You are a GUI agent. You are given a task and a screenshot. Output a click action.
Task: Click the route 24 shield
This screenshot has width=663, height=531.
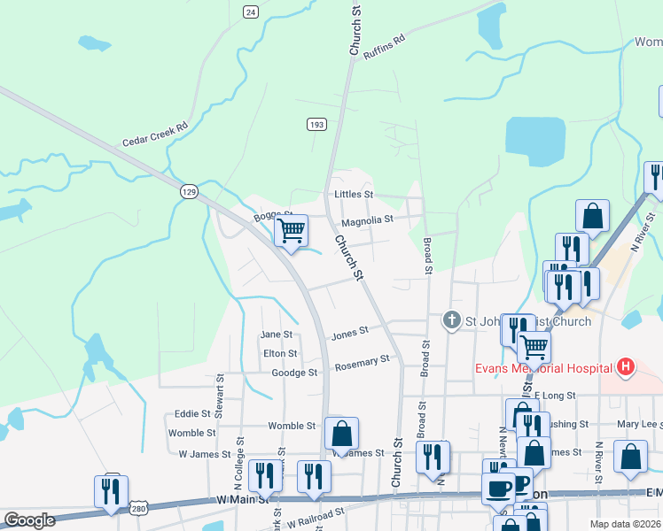pyautogui.click(x=251, y=12)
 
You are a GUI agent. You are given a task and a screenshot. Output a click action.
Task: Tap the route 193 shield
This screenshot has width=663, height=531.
pyautogui.click(x=316, y=124)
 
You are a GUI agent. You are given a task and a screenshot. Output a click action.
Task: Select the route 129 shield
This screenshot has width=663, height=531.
pyautogui.click(x=188, y=191)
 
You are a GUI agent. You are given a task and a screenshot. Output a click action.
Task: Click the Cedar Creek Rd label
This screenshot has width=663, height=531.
pyautogui.click(x=155, y=135)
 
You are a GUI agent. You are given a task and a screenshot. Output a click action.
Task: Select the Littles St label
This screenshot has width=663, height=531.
pyautogui.click(x=354, y=194)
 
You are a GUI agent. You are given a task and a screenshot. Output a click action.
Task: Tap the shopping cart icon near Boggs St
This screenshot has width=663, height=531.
pyautogui.click(x=291, y=232)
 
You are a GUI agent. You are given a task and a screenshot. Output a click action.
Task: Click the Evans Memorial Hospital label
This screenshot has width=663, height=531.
pyautogui.click(x=542, y=367)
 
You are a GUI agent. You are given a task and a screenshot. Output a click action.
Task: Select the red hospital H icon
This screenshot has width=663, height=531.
pyautogui.click(x=626, y=366)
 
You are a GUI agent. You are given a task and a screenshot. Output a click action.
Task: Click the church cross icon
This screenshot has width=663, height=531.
pyautogui.click(x=451, y=320)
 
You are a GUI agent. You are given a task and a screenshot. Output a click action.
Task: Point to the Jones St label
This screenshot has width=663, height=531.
pyautogui.click(x=349, y=335)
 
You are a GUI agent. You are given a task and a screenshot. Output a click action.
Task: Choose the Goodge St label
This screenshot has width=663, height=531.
pyautogui.click(x=294, y=373)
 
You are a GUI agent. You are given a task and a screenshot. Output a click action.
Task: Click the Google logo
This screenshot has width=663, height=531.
pyautogui.click(x=29, y=520)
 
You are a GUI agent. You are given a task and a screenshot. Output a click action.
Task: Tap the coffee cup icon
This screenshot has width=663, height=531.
pyautogui.click(x=498, y=487)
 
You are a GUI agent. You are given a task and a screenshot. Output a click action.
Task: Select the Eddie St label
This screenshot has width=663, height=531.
pyautogui.click(x=191, y=413)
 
